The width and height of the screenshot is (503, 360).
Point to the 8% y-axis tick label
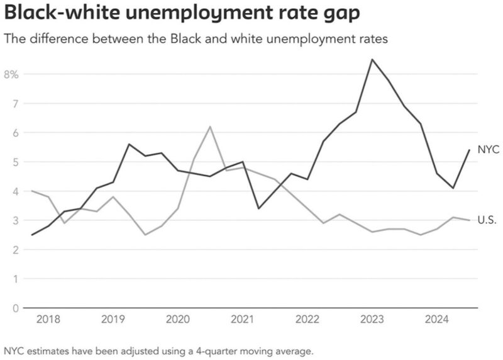(x=12, y=74)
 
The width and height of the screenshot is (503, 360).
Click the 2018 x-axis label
(x=49, y=320)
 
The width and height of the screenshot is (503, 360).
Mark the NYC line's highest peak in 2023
(x=372, y=60)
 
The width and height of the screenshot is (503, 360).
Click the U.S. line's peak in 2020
(x=210, y=127)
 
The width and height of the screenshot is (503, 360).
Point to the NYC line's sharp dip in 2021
(x=259, y=208)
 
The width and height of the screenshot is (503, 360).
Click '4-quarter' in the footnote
(x=201, y=350)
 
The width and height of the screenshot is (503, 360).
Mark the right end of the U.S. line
(x=469, y=220)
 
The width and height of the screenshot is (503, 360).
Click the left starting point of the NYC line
(x=31, y=235)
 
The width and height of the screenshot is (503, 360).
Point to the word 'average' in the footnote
(x=292, y=350)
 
